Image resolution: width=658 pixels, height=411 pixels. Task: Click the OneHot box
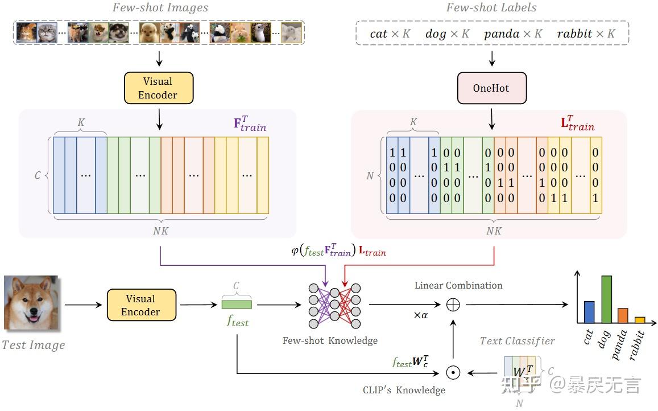[x=492, y=89]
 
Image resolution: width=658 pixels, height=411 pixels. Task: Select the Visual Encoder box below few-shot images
[x=158, y=88]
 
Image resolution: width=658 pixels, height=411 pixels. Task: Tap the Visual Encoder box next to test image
[x=141, y=305]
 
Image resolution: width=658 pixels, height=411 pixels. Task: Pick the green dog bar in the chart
[x=606, y=299]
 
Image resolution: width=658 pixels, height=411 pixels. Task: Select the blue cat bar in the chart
[x=589, y=312]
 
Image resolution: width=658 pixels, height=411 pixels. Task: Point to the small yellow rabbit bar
[x=640, y=320]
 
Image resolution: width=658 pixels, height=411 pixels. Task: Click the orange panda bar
[x=623, y=315]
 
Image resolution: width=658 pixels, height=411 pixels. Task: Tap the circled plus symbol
[x=453, y=305]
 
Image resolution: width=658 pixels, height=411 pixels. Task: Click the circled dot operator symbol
[x=453, y=373]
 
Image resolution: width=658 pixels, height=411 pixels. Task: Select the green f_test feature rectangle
[x=237, y=305]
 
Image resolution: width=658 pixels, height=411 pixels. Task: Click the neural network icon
[x=334, y=306]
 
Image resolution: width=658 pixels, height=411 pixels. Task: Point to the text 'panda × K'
[x=513, y=34]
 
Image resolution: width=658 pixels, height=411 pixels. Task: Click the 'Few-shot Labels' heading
[x=491, y=7]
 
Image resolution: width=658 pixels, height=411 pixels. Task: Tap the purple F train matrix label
[x=250, y=124]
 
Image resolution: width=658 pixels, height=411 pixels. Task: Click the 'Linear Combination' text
[x=458, y=285]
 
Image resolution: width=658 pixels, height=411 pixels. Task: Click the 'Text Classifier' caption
[x=517, y=341]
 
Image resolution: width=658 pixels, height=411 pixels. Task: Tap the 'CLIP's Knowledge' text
[x=404, y=391]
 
